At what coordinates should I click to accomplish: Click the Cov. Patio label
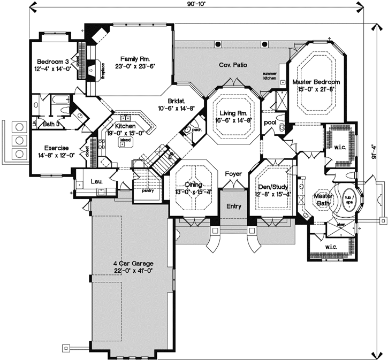232,65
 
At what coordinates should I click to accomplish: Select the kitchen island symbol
125,141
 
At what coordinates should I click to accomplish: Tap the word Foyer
233,174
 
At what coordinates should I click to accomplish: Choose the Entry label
233,206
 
